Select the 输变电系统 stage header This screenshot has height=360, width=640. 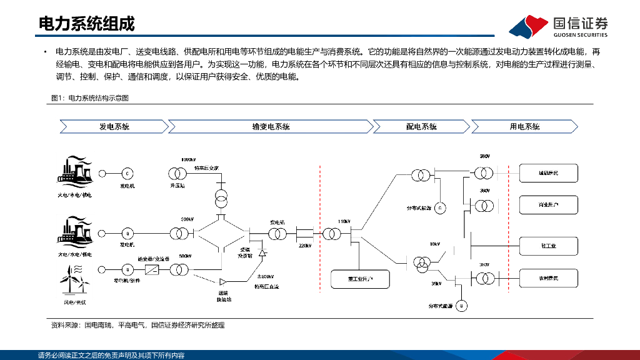[x=271, y=127]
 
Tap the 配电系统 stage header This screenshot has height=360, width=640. [x=421, y=127]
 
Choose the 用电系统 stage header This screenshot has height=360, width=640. [x=524, y=127]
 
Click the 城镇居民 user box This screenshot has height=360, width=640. [x=548, y=172]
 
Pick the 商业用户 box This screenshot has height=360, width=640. [x=548, y=204]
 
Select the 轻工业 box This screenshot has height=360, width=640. [x=548, y=246]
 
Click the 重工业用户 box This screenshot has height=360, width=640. [x=360, y=278]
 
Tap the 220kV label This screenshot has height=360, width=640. [x=305, y=246]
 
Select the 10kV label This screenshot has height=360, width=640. [x=434, y=244]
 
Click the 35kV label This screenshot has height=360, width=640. [x=436, y=283]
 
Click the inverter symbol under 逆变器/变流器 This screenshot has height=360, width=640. [x=152, y=269]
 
